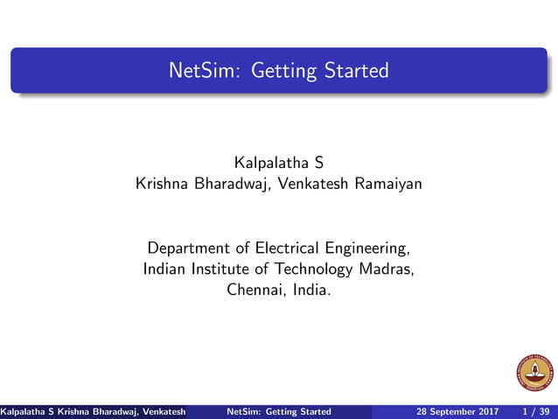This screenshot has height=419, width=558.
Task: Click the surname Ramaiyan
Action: click(x=387, y=184)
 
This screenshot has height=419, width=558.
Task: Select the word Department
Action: click(x=188, y=248)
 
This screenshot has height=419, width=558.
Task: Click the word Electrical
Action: click(x=278, y=248)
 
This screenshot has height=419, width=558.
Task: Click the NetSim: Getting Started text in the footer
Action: click(x=278, y=411)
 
